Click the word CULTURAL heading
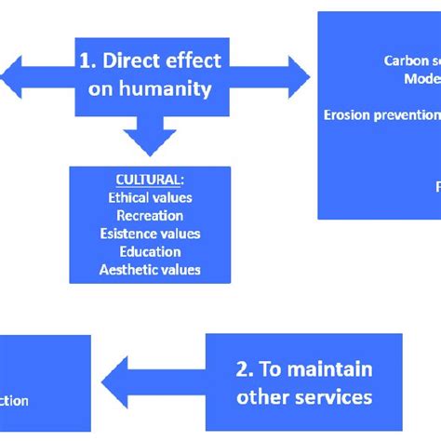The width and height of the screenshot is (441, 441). pos(150,180)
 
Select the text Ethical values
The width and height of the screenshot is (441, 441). pos(150,197)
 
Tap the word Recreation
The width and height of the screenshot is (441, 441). pos(150,215)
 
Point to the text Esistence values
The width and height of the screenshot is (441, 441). pos(150,234)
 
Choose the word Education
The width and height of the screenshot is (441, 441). pos(150,251)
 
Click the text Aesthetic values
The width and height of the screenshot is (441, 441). pos(150,270)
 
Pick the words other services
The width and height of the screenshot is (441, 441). pos(304,397)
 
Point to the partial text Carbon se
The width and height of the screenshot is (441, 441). pos(411,61)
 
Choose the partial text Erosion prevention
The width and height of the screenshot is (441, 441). pos(381,115)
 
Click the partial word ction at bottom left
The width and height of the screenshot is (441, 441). pos(14,401)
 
